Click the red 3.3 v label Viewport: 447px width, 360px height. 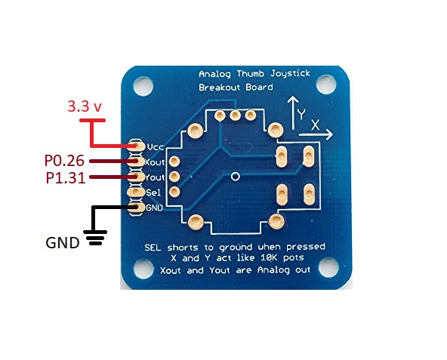(x=85, y=106)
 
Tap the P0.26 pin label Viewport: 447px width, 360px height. (x=64, y=161)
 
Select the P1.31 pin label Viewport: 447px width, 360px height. (x=66, y=178)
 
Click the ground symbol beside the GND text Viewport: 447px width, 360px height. (x=95, y=238)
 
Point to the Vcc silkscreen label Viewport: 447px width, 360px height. (x=156, y=147)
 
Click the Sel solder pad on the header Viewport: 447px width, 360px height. (x=136, y=192)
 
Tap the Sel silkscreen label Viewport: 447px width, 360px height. (x=153, y=192)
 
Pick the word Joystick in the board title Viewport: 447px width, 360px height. (x=290, y=74)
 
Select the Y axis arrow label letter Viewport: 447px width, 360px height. (x=301, y=114)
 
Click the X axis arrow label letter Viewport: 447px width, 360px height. (x=315, y=125)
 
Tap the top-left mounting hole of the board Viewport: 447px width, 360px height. (x=143, y=86)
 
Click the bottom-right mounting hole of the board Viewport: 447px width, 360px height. (x=328, y=267)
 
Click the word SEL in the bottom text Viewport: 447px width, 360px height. (x=153, y=247)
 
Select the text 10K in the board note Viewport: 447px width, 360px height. (x=269, y=258)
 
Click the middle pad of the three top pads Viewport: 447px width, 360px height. (x=235, y=115)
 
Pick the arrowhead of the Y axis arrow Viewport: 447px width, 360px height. (x=293, y=100)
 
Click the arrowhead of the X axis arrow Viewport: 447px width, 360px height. (x=329, y=134)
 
